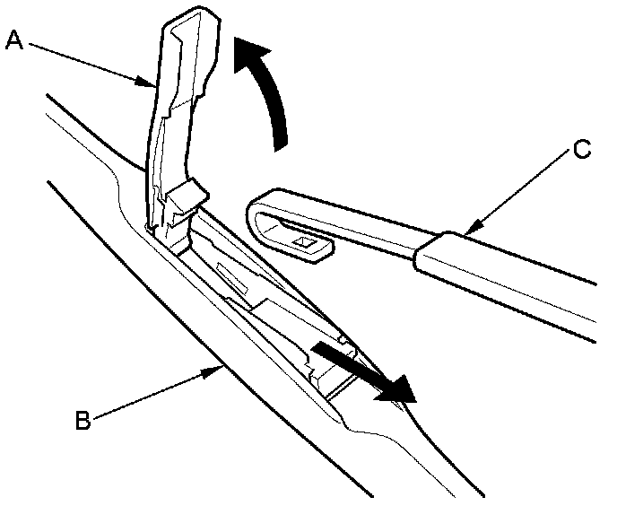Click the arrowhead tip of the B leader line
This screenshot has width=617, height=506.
(x=220, y=366)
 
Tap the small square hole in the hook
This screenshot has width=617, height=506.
(x=303, y=241)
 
